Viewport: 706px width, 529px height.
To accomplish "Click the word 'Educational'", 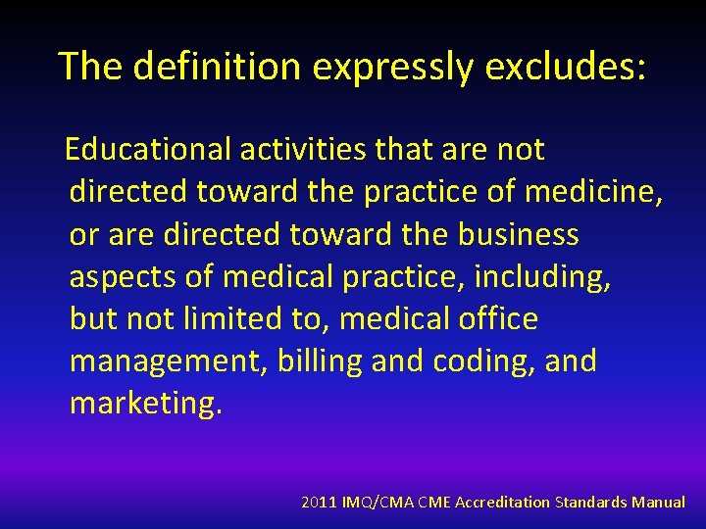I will pos(148,150).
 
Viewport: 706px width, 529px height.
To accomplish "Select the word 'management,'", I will pos(169,361).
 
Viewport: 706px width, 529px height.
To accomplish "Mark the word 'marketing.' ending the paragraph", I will pos(146,404).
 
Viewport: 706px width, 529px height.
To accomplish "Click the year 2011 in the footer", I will pos(319,502).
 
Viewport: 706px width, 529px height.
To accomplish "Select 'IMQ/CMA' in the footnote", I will pos(378,502).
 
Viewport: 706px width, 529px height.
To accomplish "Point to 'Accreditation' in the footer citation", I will pos(499,502).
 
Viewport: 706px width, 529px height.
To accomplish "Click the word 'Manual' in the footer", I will pos(658,502).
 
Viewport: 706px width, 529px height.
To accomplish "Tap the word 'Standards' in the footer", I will pos(591,502).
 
